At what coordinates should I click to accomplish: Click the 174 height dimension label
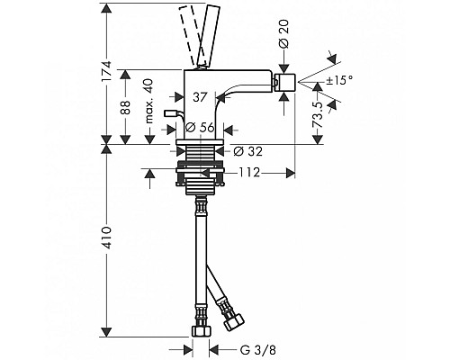tap(106, 71)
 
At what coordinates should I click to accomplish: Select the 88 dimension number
tap(126, 107)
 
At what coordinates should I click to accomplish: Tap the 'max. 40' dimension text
tap(149, 101)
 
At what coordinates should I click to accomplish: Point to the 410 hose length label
tap(106, 238)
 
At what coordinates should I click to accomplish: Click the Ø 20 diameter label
tap(283, 33)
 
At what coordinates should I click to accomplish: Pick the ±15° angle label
tap(339, 80)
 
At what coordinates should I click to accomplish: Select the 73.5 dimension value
tap(318, 115)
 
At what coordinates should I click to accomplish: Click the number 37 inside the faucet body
tap(200, 97)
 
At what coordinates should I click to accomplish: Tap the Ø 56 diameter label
tap(200, 128)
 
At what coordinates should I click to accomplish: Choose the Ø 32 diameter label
tap(247, 151)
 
